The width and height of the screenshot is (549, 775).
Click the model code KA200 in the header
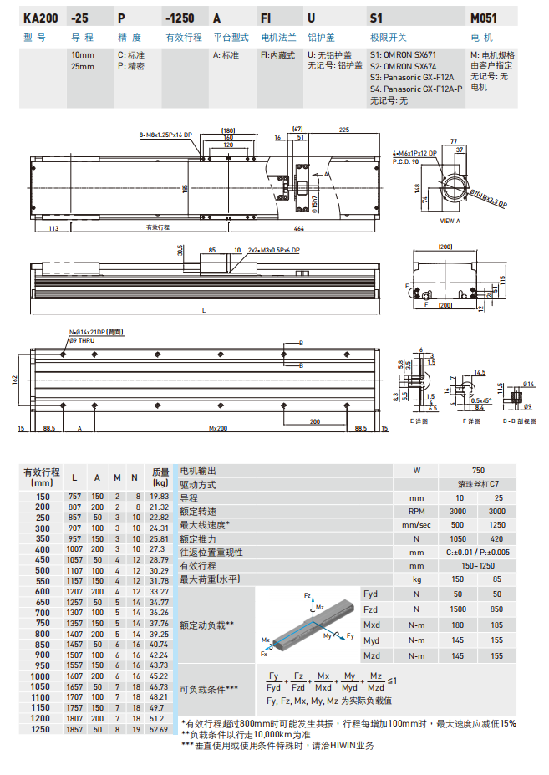coord(40,18)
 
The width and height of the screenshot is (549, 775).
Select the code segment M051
coord(484,18)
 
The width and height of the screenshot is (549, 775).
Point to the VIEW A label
coord(450,220)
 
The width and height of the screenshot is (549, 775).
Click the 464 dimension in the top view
coord(298,227)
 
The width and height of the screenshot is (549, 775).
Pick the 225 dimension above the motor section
coord(344,130)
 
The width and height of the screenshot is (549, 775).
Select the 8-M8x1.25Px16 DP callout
coord(166,134)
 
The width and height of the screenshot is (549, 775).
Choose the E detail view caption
coord(419,421)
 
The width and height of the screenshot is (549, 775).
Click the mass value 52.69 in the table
coord(159,730)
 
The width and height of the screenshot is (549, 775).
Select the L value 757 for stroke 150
coord(75,496)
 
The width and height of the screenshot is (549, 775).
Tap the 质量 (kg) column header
coord(159,477)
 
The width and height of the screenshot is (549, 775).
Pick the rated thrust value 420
coord(497,539)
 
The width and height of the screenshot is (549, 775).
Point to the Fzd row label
coord(371,609)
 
